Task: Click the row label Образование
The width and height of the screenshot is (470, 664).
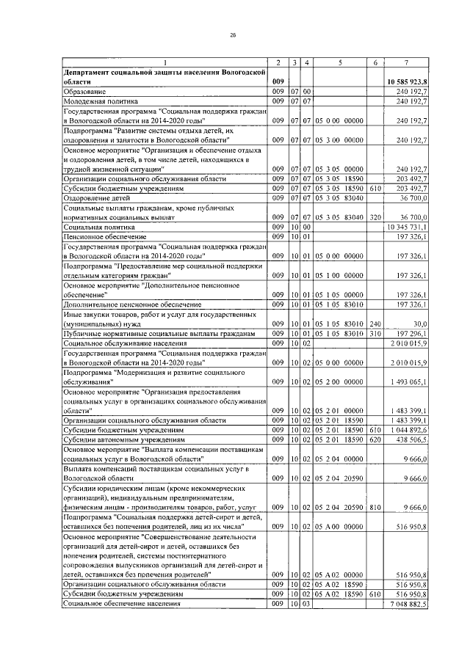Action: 84,91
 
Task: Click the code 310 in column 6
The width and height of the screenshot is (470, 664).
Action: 375,333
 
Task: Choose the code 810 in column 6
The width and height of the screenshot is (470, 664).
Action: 375,507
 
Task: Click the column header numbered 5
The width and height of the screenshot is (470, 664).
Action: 340,61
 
